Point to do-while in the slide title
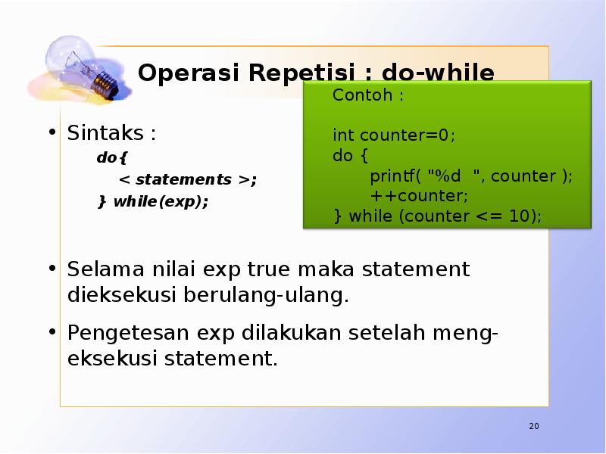[438, 73]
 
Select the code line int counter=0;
[394, 135]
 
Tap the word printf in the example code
[395, 176]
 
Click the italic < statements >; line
[187, 180]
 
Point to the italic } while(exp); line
[152, 202]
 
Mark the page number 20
[533, 427]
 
